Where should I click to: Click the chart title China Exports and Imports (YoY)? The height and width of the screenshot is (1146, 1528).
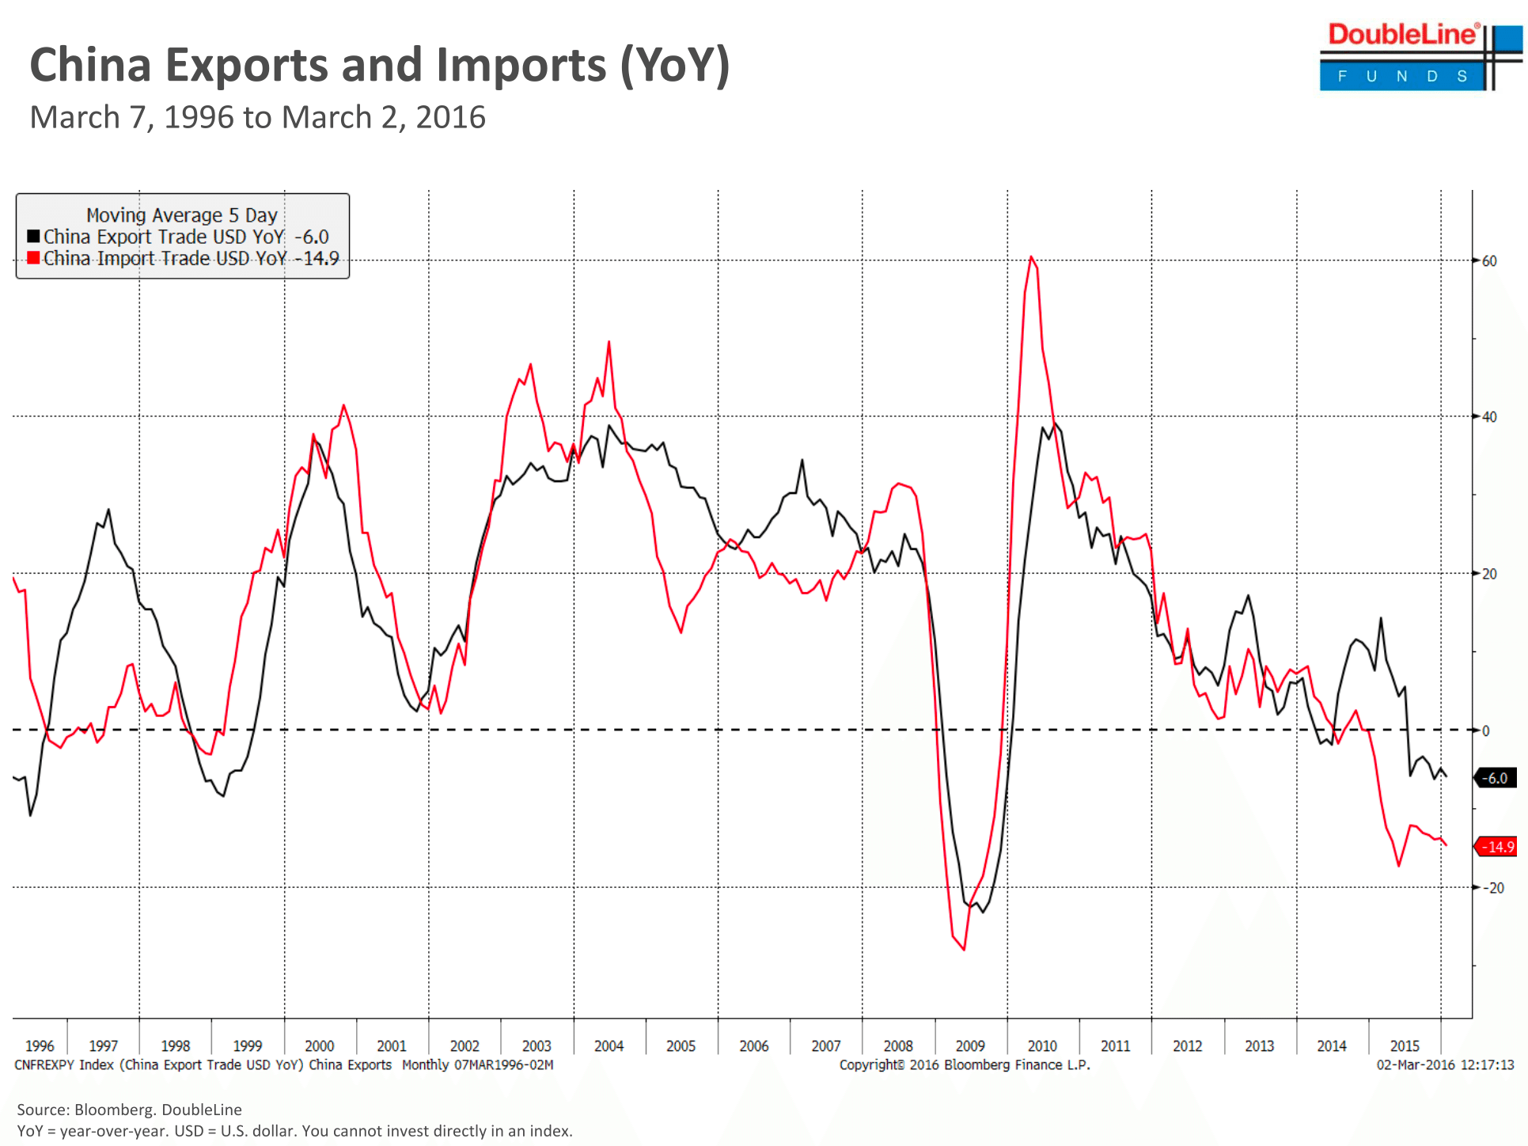[379, 65]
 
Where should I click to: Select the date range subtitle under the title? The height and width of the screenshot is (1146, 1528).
[257, 117]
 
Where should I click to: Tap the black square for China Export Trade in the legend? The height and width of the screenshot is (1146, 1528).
[33, 237]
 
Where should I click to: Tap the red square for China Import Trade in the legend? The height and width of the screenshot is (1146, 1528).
[33, 258]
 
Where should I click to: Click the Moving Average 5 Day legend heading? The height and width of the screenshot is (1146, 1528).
[181, 215]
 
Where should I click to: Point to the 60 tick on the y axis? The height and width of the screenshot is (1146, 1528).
[1488, 260]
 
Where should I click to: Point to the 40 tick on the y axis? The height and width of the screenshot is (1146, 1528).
[1488, 416]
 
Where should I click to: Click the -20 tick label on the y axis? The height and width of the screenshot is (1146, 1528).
[1492, 888]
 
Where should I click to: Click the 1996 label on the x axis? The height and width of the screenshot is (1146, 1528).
[40, 1045]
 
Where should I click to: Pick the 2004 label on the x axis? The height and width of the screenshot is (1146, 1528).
[609, 1045]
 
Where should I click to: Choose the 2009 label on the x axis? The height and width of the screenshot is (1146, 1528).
[970, 1045]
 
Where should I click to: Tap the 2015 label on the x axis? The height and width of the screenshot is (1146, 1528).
[1405, 1045]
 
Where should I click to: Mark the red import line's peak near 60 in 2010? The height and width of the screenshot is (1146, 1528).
[1031, 257]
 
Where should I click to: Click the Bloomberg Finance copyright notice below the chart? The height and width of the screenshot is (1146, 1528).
[965, 1065]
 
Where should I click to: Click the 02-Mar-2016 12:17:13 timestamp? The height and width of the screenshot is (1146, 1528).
[1445, 1065]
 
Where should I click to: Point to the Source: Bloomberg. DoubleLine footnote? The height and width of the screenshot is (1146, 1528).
[129, 1110]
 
